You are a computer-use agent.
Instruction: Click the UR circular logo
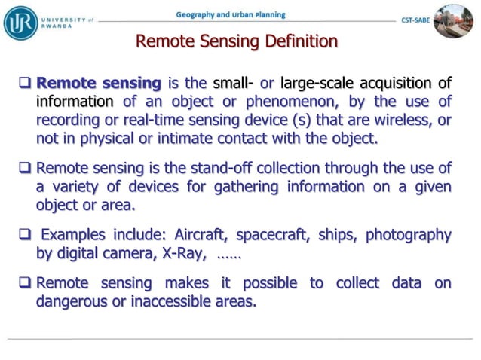click(20, 22)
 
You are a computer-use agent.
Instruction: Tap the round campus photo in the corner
click(453, 20)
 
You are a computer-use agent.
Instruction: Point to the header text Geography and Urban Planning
click(231, 14)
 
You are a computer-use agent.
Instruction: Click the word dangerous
click(72, 301)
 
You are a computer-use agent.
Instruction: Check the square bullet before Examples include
click(26, 235)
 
